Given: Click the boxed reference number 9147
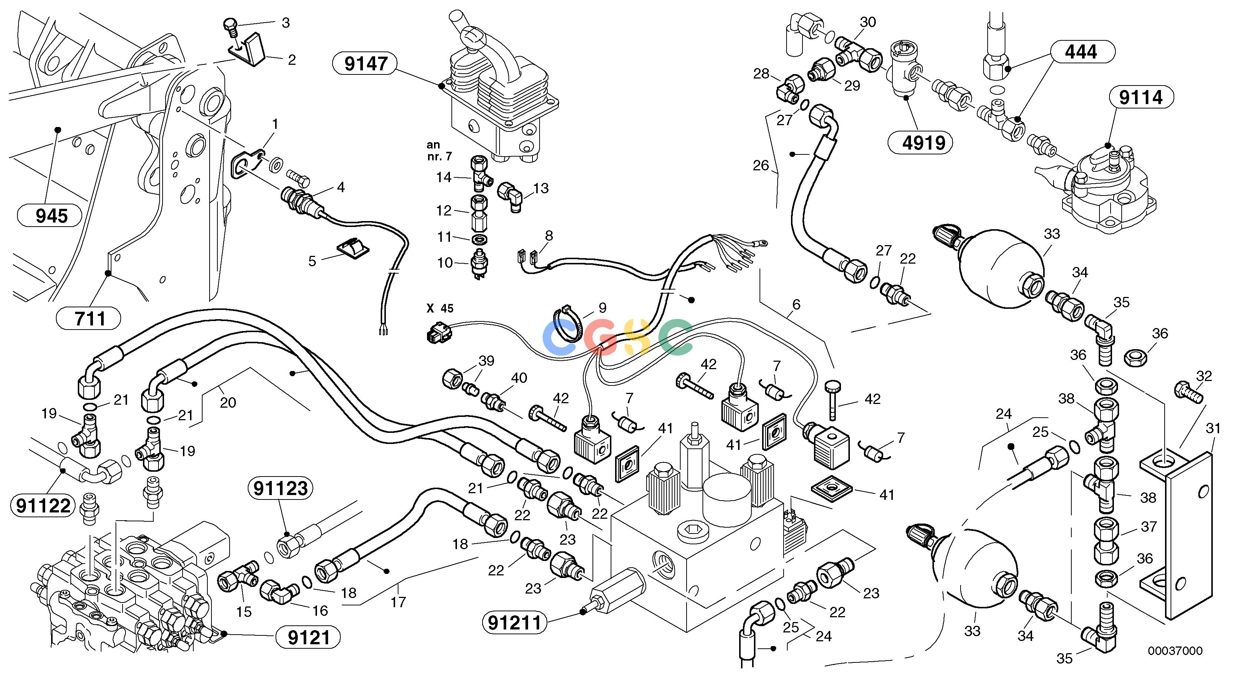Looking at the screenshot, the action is [366, 63].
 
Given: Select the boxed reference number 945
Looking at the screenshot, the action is [52, 216].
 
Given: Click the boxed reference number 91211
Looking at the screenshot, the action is [514, 623].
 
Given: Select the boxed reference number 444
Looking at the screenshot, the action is [1081, 52].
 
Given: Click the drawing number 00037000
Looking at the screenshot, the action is [1175, 651].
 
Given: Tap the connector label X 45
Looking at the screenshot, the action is [440, 308].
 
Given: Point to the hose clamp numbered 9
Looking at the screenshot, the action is [570, 326].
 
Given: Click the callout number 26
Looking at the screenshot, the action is [760, 166].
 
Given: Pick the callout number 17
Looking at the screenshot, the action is [398, 602].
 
